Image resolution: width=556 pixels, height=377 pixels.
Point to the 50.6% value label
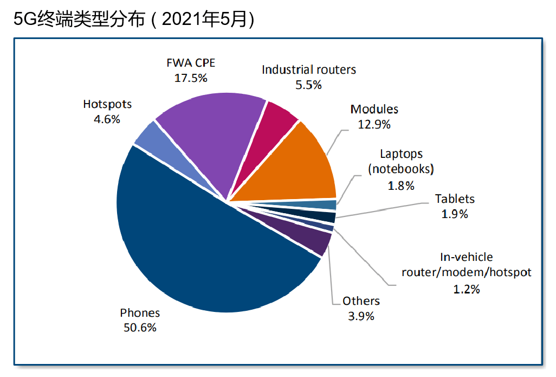140,327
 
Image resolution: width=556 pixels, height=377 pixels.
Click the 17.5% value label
191,78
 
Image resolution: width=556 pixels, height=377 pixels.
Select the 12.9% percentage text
374,124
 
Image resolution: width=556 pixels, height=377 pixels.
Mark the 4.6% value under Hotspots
107,119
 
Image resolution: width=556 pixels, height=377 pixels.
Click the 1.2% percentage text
467,289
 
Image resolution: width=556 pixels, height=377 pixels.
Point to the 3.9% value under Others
361,316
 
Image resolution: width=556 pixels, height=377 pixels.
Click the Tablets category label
455,199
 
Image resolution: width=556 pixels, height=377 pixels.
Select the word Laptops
401,154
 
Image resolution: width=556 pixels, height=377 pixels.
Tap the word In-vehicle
467,257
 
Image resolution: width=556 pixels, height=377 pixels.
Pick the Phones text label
140,312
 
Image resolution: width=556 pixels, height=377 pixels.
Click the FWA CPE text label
191,63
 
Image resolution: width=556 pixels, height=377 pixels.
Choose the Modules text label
374,109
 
